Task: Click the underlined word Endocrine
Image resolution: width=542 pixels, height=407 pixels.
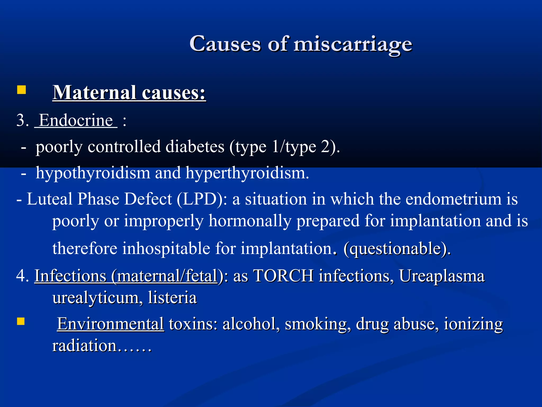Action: (76, 120)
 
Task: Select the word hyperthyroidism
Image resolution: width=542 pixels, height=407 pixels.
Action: (247, 173)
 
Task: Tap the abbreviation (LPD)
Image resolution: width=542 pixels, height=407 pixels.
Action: (202, 199)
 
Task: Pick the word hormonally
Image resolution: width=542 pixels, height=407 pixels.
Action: (250, 221)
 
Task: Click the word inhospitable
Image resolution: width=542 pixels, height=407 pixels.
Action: (166, 249)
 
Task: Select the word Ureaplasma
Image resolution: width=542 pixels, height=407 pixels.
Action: (442, 276)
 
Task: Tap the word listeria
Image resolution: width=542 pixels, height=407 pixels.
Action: (172, 297)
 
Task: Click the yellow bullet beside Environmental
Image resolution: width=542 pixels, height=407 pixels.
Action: (21, 321)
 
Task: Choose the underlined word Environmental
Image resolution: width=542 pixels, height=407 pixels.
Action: (111, 324)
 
